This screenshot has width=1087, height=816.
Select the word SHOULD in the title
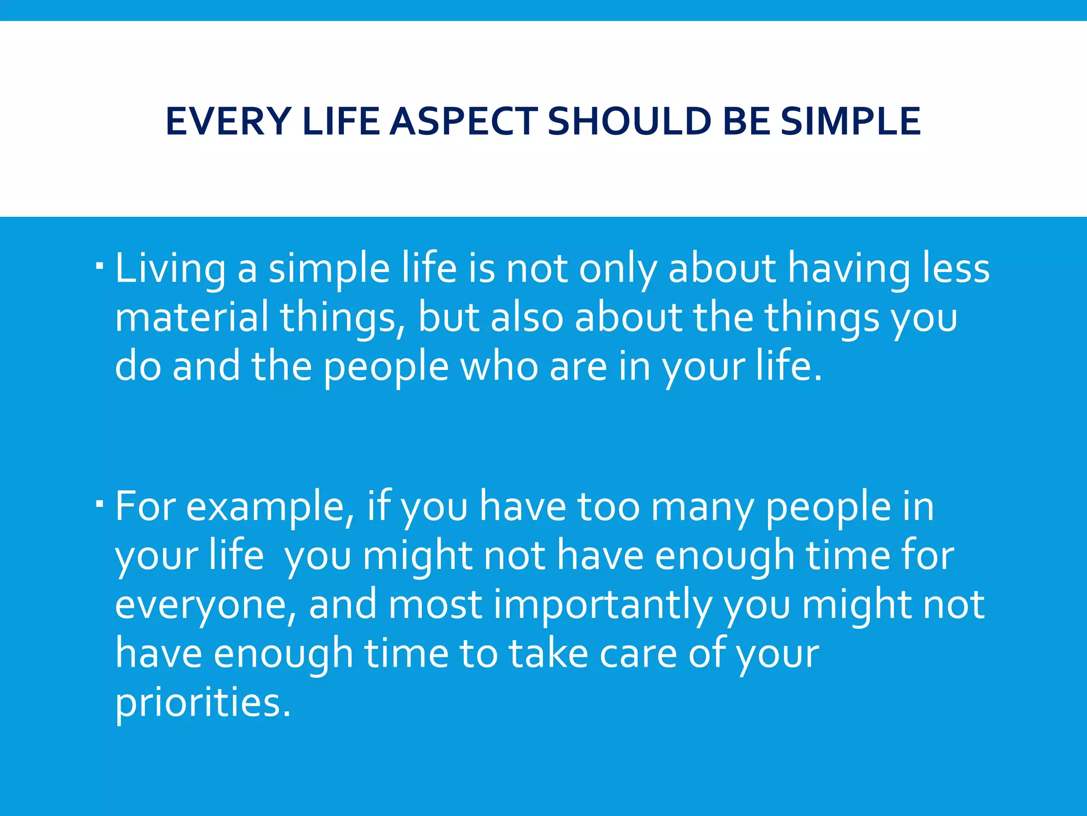pos(629,122)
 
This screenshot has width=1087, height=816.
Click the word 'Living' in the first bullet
pos(170,269)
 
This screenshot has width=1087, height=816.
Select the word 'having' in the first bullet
pos(848,269)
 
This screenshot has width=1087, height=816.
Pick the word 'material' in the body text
pos(192,318)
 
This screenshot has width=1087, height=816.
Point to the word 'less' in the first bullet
pos(955,268)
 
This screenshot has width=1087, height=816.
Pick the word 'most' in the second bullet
pos(435,606)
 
